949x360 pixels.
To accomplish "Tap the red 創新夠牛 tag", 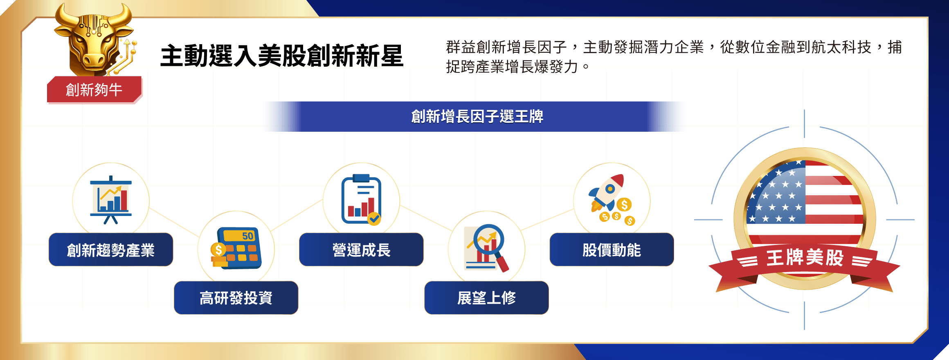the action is tap(94, 90).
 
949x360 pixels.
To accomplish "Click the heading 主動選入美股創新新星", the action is tap(282, 56).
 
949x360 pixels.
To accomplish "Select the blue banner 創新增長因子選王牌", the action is tap(477, 117).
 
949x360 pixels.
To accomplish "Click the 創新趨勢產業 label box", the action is tap(111, 250).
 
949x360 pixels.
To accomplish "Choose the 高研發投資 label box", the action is tap(236, 298).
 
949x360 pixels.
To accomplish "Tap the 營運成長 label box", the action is tap(361, 250).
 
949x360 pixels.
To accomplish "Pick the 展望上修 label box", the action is tap(486, 298).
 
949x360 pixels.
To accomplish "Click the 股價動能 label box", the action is tap(612, 250).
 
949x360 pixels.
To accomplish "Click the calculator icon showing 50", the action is tap(236, 248).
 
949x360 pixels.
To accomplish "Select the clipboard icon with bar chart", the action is tap(361, 200).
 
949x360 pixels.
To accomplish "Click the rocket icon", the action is tap(607, 192).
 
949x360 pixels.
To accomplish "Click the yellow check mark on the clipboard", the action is tap(374, 219).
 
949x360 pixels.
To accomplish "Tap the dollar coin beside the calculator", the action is tap(218, 249).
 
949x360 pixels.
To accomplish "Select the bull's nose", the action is tap(94, 61).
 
